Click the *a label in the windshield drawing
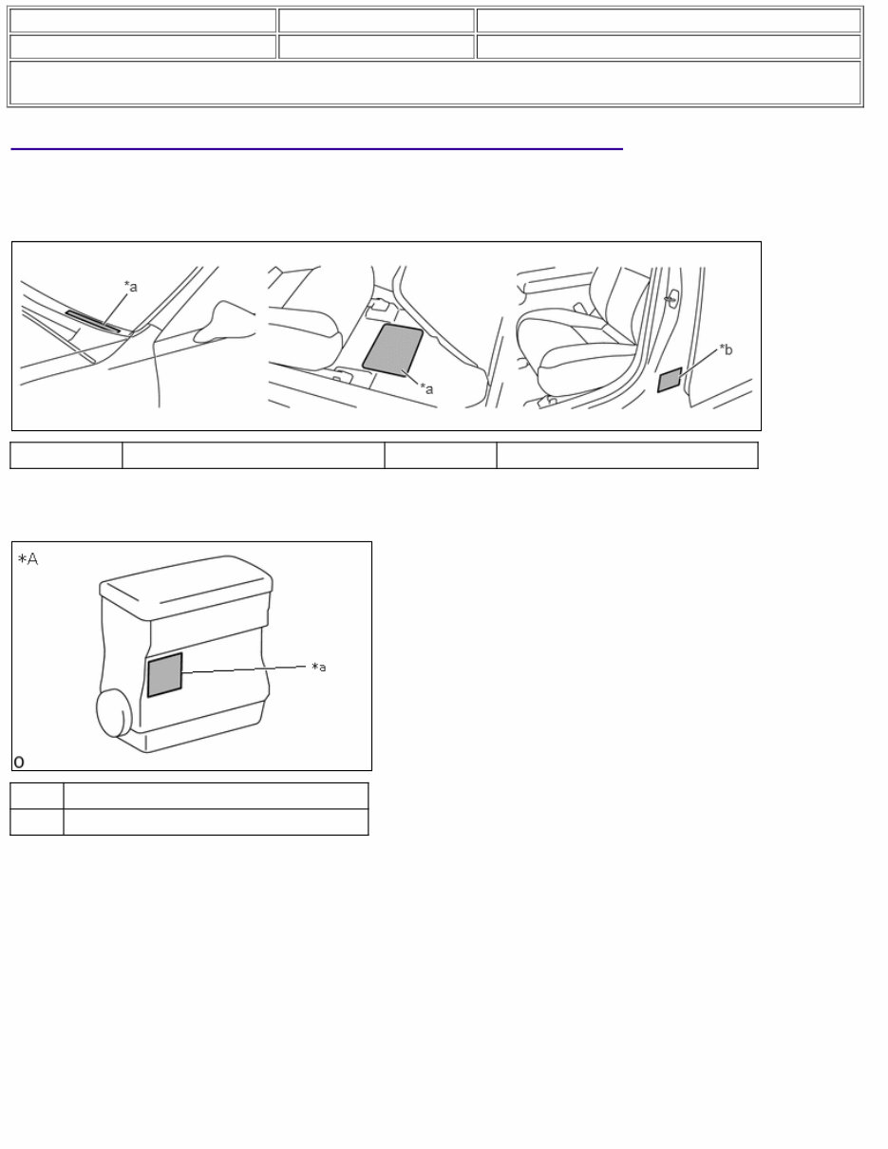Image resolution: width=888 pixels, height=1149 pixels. [130, 286]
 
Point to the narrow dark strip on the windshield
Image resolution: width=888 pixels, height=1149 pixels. [93, 321]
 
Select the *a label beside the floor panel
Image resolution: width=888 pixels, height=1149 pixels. [427, 389]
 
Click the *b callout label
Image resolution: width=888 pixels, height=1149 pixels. [726, 350]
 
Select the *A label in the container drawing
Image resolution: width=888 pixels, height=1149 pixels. [28, 560]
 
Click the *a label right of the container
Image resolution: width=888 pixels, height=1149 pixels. [320, 668]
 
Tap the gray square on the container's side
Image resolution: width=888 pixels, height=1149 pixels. [164, 675]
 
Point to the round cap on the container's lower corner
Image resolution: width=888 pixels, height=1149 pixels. [113, 713]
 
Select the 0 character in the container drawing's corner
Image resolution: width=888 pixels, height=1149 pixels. [20, 762]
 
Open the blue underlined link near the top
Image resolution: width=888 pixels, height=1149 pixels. [316, 148]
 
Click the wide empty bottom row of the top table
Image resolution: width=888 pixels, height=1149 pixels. [435, 83]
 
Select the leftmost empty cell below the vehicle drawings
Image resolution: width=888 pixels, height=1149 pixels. [66, 455]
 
